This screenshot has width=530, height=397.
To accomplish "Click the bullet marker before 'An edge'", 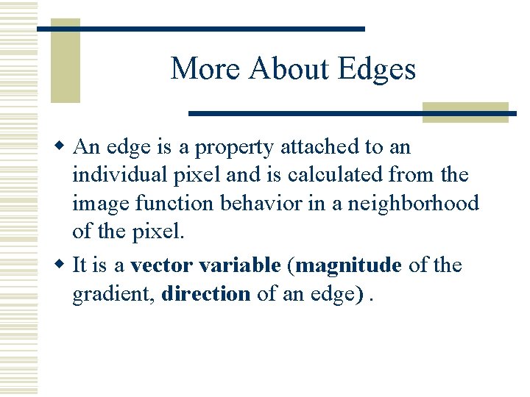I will click(64, 146).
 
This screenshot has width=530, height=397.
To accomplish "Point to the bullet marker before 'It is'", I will click(64, 265).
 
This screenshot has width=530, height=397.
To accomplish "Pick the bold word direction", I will click(206, 293).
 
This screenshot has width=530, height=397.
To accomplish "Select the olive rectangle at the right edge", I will click(465, 112).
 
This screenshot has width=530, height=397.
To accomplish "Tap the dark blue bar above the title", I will click(201, 29).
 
